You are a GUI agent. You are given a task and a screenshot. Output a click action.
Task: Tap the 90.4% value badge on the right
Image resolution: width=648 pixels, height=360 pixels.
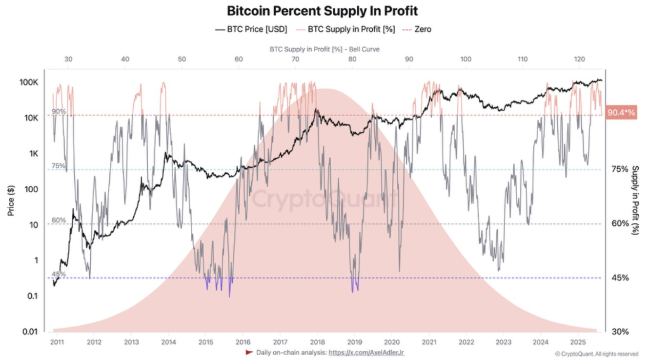click(x=621, y=113)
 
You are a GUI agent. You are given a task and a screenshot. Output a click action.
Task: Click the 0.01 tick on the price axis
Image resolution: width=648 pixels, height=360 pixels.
click(x=30, y=332)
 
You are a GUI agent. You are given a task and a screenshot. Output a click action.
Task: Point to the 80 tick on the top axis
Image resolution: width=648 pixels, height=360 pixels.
click(x=352, y=59)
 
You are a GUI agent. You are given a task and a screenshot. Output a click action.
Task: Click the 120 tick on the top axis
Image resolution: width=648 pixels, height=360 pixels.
click(x=579, y=59)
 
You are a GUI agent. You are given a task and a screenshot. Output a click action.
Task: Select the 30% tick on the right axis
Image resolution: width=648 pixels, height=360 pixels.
click(x=620, y=332)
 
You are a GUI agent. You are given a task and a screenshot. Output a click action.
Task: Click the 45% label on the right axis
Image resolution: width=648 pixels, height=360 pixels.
click(x=620, y=278)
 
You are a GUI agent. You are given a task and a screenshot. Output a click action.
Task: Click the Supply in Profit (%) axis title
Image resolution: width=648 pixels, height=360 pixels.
click(x=635, y=201)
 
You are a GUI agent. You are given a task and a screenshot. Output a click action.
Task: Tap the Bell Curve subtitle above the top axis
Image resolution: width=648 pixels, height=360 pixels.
click(x=324, y=49)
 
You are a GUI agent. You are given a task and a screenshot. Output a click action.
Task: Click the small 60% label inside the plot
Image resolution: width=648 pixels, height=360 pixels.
click(x=59, y=220)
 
